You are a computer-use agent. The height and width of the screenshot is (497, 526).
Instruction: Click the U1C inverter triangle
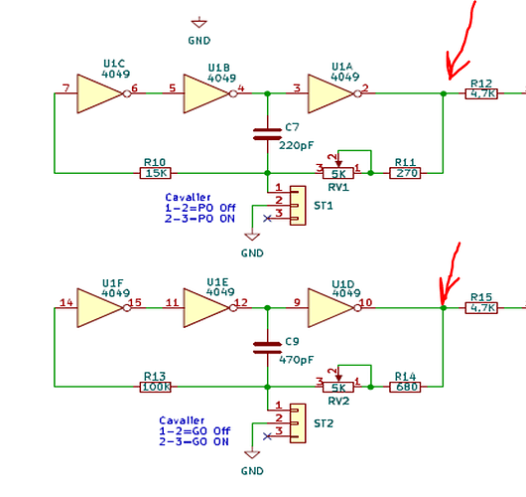(x=100, y=93)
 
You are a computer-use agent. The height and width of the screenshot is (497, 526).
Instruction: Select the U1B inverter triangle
(x=206, y=93)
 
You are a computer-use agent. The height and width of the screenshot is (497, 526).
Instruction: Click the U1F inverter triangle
(x=100, y=308)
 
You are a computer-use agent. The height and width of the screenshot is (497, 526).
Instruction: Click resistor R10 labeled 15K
(x=155, y=173)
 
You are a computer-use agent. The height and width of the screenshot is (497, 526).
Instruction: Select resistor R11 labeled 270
(x=405, y=173)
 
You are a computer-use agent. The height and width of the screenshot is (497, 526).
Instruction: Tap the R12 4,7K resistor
(x=481, y=93)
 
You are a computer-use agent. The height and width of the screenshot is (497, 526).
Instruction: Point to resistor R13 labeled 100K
(x=155, y=387)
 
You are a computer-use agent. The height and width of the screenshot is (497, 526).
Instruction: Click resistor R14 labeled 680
(x=405, y=387)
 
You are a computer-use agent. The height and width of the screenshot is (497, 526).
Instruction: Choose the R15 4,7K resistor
(x=481, y=308)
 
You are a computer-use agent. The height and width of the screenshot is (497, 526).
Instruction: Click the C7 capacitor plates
(x=267, y=134)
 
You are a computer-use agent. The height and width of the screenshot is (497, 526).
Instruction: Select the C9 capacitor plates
(x=267, y=348)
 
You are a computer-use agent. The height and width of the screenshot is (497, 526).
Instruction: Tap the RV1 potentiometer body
(x=338, y=173)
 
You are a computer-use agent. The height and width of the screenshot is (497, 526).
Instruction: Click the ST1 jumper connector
(x=298, y=206)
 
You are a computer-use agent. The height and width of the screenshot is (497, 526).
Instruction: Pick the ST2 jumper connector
(x=298, y=423)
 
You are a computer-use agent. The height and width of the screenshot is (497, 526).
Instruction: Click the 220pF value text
(x=297, y=145)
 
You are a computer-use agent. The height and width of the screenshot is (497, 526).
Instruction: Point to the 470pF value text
(x=297, y=360)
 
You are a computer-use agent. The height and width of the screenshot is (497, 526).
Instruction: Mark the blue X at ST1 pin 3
(x=267, y=219)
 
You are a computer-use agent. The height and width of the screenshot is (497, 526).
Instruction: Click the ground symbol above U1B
(x=199, y=23)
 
